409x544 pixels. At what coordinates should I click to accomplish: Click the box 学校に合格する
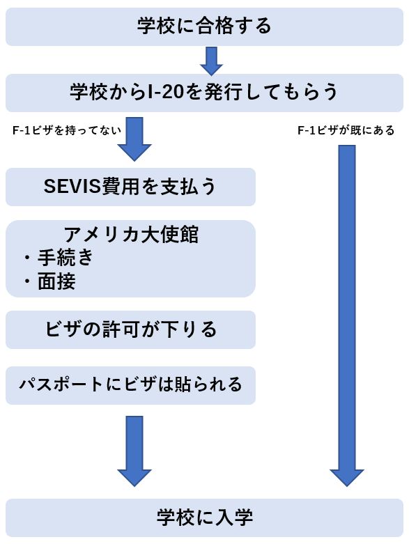[x=204, y=26]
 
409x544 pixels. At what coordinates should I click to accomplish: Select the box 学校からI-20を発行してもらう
[x=204, y=93]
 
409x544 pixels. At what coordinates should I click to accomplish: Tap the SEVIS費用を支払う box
[x=130, y=187]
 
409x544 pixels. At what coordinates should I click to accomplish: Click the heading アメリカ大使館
[x=131, y=235]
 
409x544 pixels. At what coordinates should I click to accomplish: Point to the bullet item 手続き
[x=65, y=258]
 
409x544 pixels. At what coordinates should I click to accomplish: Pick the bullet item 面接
[x=56, y=281]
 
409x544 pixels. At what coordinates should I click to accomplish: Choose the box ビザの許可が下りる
[x=130, y=329]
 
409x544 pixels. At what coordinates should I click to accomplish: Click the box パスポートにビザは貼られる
[x=130, y=385]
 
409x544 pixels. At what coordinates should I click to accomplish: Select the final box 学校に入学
[x=204, y=518]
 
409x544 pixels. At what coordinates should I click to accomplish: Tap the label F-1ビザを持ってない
[x=67, y=130]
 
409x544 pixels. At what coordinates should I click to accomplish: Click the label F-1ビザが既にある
[x=346, y=130]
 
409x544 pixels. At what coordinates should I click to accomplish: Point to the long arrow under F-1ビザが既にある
[x=346, y=316]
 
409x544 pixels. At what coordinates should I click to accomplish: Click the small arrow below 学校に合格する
[x=211, y=61]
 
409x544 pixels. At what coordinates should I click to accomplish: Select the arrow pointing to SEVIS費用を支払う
[x=134, y=139]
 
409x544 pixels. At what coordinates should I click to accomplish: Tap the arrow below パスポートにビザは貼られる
[x=134, y=451]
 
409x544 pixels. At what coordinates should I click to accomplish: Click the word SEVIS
[x=72, y=187]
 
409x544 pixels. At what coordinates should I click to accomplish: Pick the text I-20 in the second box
[x=165, y=93]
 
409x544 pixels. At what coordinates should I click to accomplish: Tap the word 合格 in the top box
[x=213, y=26]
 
